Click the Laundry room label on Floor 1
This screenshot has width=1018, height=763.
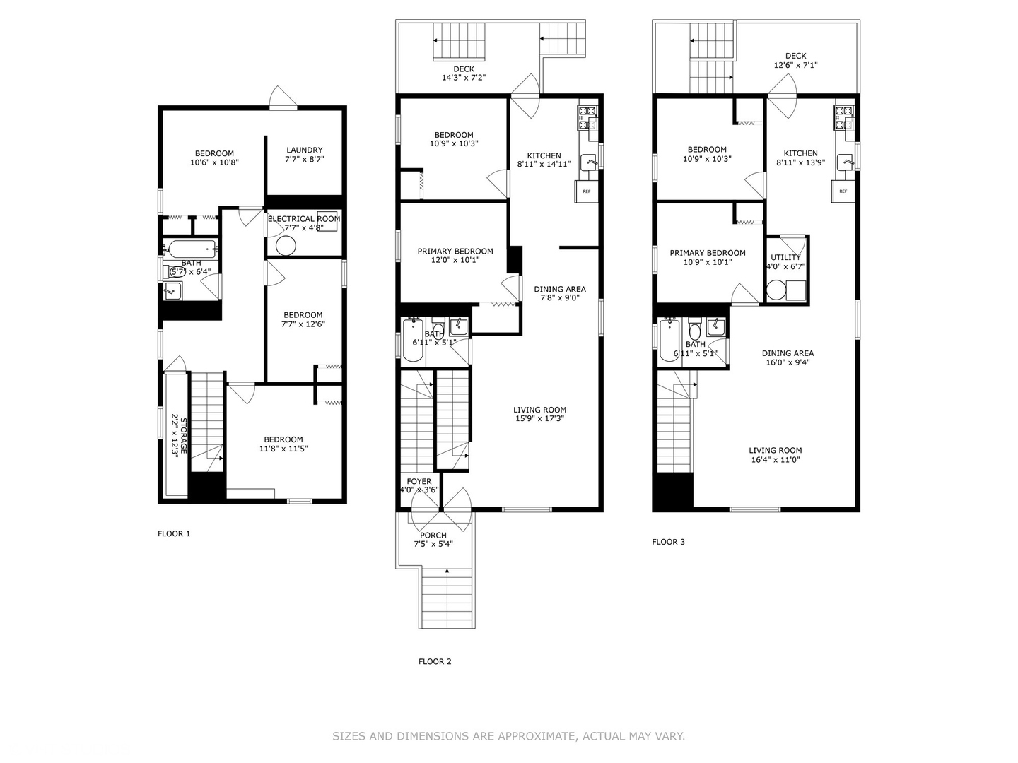click(x=304, y=150)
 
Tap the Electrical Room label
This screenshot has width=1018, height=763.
click(x=303, y=219)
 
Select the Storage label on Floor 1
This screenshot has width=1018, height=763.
click(x=183, y=436)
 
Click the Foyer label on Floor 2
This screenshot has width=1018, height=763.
click(x=419, y=482)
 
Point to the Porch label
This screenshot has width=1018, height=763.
click(x=433, y=536)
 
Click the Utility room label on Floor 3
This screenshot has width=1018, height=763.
click(x=785, y=257)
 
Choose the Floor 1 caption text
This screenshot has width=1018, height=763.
click(x=174, y=534)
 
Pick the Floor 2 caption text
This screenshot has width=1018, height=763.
click(x=435, y=662)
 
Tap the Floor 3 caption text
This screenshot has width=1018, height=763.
click(x=668, y=543)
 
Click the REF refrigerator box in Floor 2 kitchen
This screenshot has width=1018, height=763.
click(x=587, y=191)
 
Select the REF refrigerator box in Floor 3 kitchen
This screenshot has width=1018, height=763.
click(x=843, y=191)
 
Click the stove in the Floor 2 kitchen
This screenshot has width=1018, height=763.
click(x=587, y=117)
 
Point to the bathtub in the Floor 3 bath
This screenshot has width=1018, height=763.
click(x=669, y=341)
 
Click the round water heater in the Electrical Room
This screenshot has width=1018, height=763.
click(x=286, y=246)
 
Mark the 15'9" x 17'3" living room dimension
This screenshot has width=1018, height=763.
click(x=539, y=418)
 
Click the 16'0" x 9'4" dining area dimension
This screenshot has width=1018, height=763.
click(x=788, y=362)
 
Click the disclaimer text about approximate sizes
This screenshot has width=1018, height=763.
click(x=508, y=736)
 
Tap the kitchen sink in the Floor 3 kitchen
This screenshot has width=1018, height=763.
click(x=846, y=162)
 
